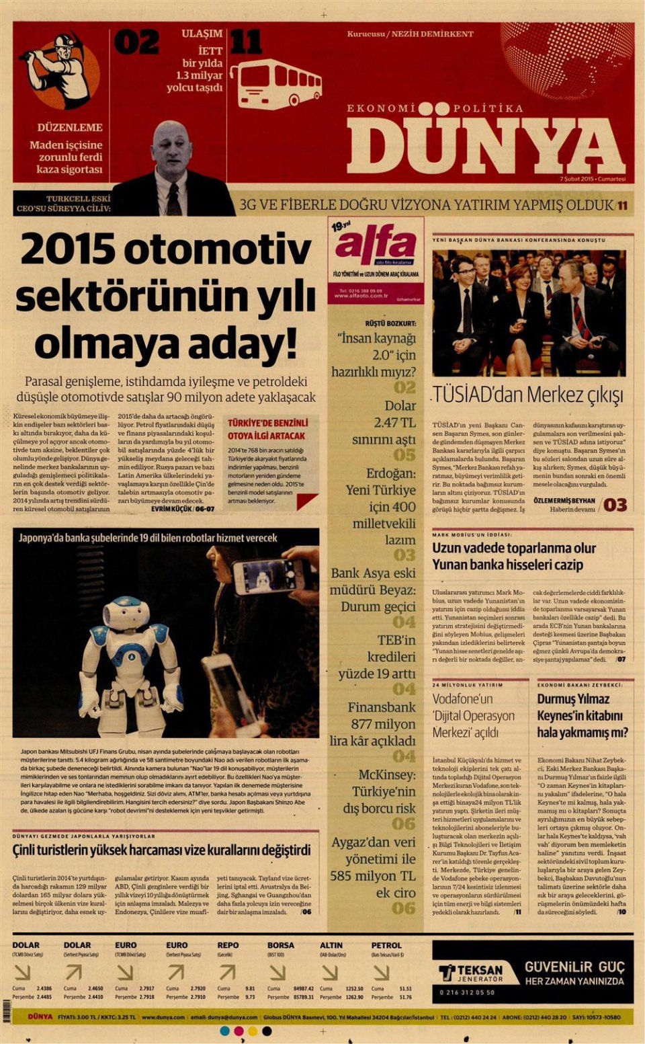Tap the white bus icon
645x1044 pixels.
click(279, 83)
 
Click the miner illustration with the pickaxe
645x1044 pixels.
click(59, 70)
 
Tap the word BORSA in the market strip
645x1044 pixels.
click(281, 945)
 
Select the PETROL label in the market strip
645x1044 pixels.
click(386, 945)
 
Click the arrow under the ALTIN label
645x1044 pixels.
click(329, 972)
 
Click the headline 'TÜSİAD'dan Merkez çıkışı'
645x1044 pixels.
click(528, 395)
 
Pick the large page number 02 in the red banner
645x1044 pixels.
click(136, 42)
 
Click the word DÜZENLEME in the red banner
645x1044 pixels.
click(70, 127)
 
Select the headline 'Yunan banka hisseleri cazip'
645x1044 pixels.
click(507, 565)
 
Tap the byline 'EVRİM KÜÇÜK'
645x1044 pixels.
click(171, 509)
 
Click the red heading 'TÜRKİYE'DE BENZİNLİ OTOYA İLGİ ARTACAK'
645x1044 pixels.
click(267, 429)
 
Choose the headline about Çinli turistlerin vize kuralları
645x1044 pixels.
click(161, 850)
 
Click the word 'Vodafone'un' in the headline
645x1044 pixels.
click(462, 699)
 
